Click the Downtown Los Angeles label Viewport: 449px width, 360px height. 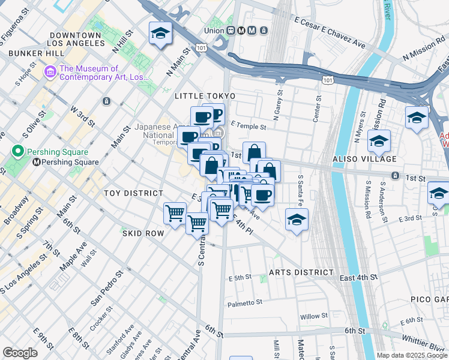76,40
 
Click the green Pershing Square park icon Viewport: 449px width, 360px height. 18,151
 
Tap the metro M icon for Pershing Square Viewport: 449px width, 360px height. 37,162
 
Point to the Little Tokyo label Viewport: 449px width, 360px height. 205,96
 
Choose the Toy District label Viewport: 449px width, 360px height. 133,193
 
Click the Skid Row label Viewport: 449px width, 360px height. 143,232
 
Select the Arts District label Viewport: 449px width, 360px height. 301,272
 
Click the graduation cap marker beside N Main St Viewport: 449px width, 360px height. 161,34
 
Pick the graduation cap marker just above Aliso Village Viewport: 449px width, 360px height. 379,142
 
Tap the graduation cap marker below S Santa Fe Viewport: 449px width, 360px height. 297,220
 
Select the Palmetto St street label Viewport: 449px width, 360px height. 246,304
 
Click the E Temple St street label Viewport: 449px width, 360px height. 247,125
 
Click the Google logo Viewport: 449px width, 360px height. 20,353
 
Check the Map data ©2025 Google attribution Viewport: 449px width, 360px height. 412,355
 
